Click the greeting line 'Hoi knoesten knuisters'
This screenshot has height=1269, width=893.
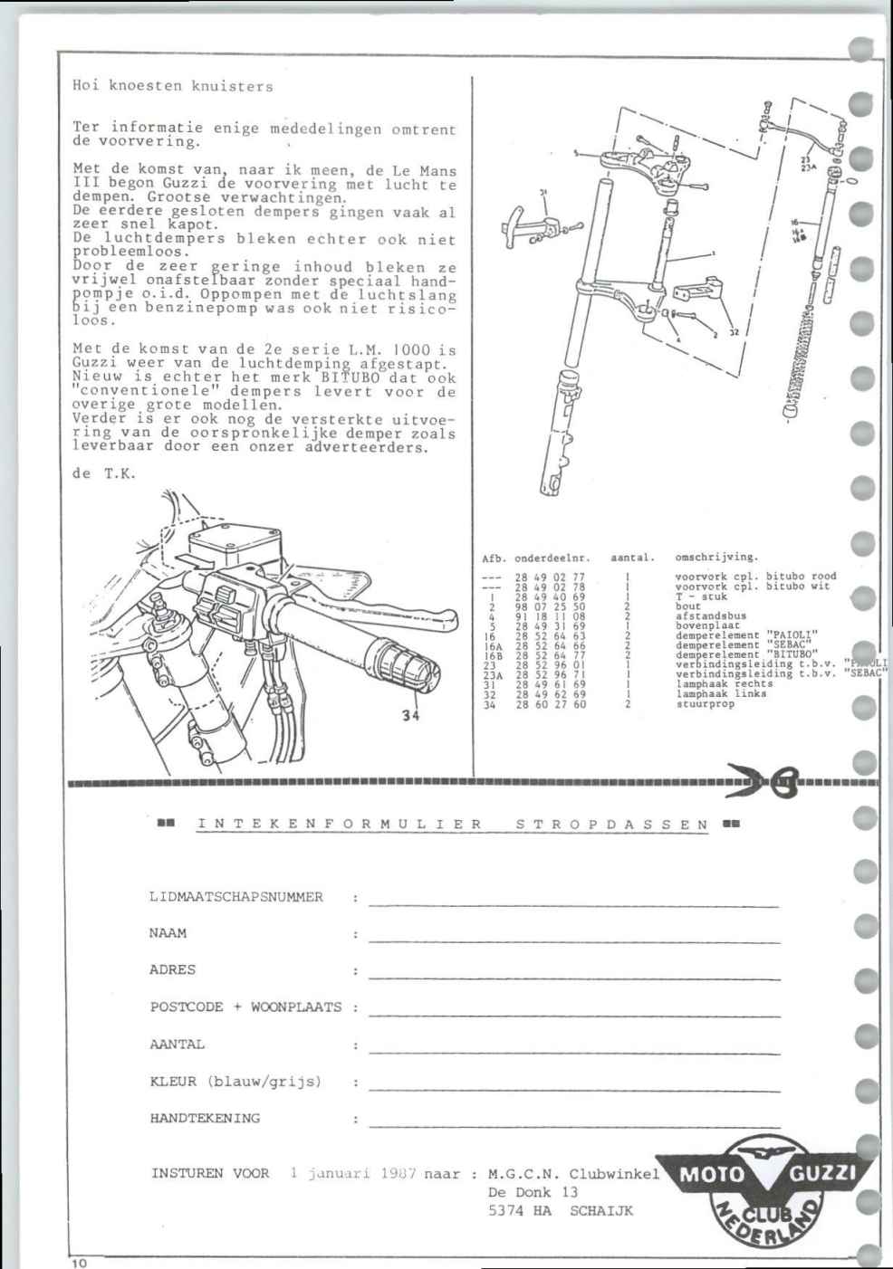pos(172,87)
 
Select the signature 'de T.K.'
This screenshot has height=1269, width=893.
pos(103,472)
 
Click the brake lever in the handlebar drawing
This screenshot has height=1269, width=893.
pos(380,603)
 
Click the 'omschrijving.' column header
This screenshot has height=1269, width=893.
pos(716,558)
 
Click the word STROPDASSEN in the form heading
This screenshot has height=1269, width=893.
pos(612,824)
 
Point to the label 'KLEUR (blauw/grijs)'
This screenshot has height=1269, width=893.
pos(235,1081)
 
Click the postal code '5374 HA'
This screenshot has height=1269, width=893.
pos(520,1210)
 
